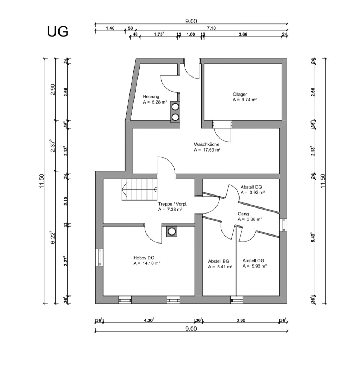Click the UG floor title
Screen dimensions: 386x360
pos(58,32)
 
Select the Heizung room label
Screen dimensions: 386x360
pos(151,97)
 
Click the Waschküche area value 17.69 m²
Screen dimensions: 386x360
pos(207,149)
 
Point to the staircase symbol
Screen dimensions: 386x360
pos(139,189)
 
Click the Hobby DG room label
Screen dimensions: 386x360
pos(144,258)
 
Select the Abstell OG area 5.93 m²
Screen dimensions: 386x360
pos(254,266)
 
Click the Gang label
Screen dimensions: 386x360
pos(243,214)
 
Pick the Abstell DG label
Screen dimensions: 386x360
pos(251,187)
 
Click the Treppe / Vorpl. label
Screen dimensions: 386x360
pos(173,204)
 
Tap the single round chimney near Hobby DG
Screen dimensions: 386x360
pos(172,231)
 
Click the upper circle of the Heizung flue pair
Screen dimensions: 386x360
pos(175,107)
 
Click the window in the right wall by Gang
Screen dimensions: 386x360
pos(283,225)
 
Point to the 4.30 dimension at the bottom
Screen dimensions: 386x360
pos(149,320)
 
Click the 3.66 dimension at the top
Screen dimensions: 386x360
pos(243,35)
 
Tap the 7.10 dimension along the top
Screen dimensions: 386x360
pos(211,28)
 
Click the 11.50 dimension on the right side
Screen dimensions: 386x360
pos(322,180)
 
